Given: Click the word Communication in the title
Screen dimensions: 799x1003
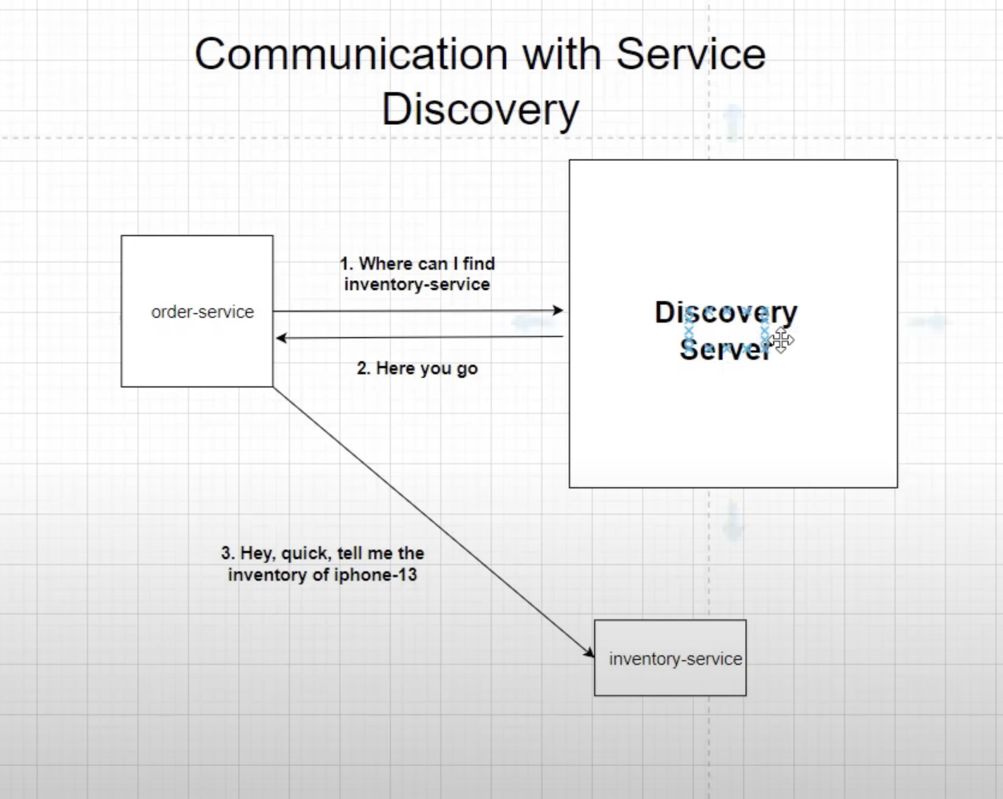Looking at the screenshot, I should coord(351,54).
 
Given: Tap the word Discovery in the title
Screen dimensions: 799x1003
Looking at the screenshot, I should coord(480,110).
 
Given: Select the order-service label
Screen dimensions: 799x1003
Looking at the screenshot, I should coord(202,312).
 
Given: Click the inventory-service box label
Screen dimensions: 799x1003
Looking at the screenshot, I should coord(675,659).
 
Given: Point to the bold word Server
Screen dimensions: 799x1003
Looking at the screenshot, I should coord(724,349).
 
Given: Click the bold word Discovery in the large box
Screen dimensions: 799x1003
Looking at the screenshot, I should coord(725,311).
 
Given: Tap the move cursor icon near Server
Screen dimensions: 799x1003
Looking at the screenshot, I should coord(782,340).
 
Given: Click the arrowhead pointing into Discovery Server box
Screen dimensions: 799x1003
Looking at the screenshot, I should coord(558,311).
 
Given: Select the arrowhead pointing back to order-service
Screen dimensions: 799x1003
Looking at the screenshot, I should coord(281,338).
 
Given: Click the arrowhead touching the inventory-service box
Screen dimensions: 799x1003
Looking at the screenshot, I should coord(589,653).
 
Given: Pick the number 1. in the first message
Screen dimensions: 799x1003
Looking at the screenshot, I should coord(346,264).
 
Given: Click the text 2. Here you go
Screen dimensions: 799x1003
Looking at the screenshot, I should coord(417,368).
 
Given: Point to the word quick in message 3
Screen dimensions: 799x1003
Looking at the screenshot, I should coord(305,553).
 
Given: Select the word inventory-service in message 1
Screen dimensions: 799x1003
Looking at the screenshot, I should coord(417,284).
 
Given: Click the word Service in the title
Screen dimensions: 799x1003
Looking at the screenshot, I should coord(691,54).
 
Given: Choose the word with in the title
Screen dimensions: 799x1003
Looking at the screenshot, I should coord(562,54).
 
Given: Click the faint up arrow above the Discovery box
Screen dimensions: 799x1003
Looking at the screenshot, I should coord(733,122).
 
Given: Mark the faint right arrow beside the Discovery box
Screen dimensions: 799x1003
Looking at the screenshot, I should coord(929,322).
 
